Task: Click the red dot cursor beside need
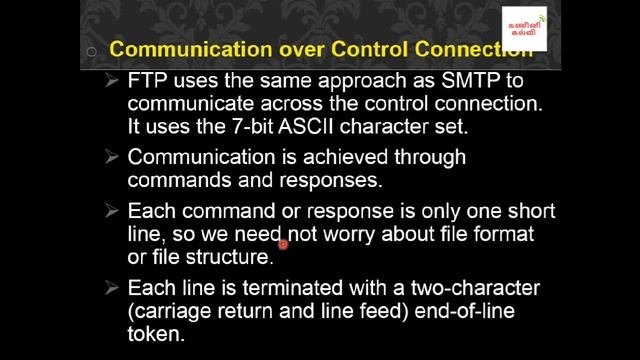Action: [284, 243]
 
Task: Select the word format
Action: [497, 235]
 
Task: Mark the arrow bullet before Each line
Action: [112, 288]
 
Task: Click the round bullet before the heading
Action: [92, 51]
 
